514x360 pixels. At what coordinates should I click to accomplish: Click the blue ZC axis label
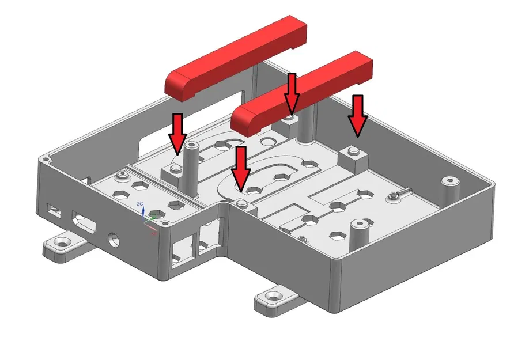click(x=140, y=204)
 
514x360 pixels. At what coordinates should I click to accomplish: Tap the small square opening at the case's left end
click(x=54, y=210)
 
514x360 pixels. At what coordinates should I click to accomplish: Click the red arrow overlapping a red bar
click(x=292, y=93)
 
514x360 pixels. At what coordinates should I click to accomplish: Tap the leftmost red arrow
click(x=177, y=133)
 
